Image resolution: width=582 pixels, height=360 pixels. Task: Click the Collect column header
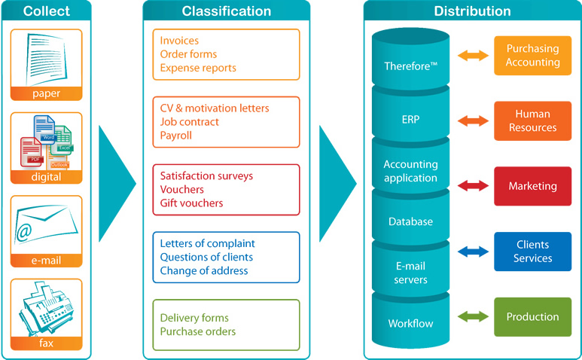[x=46, y=11]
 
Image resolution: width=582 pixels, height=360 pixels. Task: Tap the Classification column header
[x=226, y=11]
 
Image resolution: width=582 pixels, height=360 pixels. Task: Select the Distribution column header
[x=472, y=11]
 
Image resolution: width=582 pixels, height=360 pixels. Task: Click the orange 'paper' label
[x=46, y=94]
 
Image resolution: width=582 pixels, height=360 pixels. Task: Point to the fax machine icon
[x=46, y=309]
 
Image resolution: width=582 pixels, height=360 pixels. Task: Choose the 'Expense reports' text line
[x=198, y=68]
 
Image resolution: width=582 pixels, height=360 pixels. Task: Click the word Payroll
[x=175, y=136]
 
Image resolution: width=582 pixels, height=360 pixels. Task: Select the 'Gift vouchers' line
[x=191, y=203]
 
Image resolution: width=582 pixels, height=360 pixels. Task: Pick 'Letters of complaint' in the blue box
[x=207, y=243]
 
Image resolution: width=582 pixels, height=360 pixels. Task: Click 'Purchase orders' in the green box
[x=197, y=331]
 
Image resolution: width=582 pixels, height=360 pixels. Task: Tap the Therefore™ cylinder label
[x=410, y=66]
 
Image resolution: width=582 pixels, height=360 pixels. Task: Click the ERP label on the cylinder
[x=410, y=119]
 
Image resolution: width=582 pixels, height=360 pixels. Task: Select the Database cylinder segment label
[x=410, y=221]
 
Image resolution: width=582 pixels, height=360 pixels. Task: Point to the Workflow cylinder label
[x=410, y=324]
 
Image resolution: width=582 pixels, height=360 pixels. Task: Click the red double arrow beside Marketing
[x=473, y=186]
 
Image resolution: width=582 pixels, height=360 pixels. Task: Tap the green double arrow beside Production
[x=473, y=317]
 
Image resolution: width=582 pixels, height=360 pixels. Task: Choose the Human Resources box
[x=532, y=121]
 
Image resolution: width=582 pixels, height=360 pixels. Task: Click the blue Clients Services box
[x=532, y=252]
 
